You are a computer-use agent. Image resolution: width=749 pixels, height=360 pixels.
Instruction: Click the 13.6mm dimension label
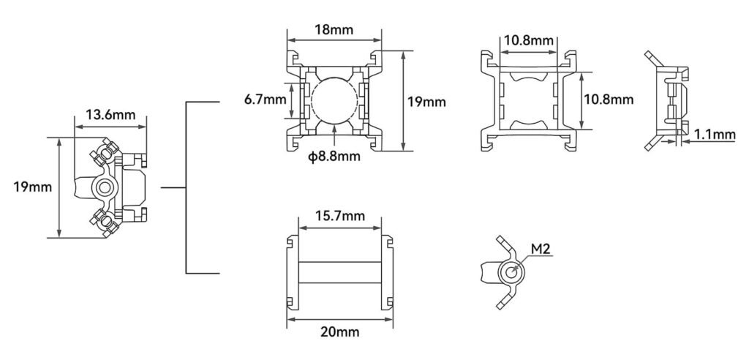(110, 115)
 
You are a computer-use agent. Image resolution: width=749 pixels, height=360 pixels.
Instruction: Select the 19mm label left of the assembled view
(32, 187)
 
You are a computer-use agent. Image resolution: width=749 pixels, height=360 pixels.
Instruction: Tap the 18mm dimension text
(334, 30)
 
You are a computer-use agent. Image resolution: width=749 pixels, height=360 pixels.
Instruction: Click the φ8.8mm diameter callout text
(334, 157)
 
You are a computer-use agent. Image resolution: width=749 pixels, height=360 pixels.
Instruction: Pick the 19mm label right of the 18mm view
(426, 102)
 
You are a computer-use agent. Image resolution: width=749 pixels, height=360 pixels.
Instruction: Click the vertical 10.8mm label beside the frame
(608, 100)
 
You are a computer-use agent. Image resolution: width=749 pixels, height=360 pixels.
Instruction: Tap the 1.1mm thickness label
(715, 135)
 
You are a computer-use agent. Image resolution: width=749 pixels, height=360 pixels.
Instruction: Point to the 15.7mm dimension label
(339, 216)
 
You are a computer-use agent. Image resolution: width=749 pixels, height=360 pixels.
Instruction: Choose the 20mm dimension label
(339, 331)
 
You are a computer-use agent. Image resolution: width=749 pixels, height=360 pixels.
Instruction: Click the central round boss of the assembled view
(104, 187)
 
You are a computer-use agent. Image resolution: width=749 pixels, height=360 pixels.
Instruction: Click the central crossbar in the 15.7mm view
(339, 272)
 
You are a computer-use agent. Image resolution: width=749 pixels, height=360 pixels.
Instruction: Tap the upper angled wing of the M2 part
(506, 248)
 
